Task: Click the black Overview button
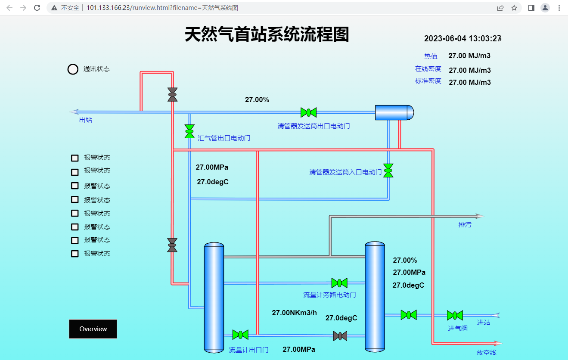click(x=93, y=329)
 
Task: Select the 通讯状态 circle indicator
click(x=73, y=69)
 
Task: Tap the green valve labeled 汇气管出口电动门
click(x=189, y=131)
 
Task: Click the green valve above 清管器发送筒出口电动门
click(x=308, y=112)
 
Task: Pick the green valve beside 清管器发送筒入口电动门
click(x=388, y=171)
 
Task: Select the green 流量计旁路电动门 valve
click(x=339, y=283)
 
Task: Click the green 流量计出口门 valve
click(x=240, y=335)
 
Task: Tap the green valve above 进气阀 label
click(x=455, y=315)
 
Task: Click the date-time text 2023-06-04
click(x=445, y=38)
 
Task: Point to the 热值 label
click(x=431, y=56)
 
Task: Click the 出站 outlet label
click(x=85, y=120)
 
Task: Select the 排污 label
click(x=465, y=225)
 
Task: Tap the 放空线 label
click(x=486, y=352)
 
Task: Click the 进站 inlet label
click(x=484, y=322)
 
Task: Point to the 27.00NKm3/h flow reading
click(x=295, y=313)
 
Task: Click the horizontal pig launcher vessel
click(x=394, y=112)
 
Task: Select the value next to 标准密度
click(x=470, y=82)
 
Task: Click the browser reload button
click(x=37, y=8)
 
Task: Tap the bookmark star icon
click(x=514, y=8)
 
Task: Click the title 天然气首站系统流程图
click(x=267, y=34)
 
